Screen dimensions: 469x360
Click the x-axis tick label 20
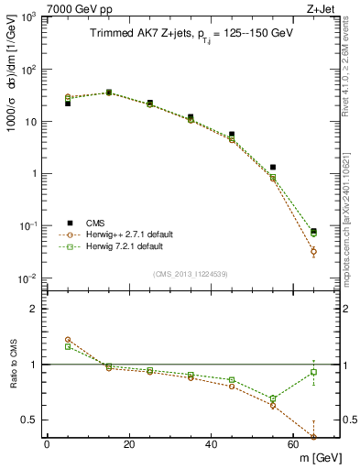[129, 444]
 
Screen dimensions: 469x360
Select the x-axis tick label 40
[212, 444]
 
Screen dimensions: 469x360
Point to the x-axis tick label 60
[293, 444]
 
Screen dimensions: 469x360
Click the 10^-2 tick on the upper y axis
[27, 278]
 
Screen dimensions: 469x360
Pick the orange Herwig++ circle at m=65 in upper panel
[314, 251]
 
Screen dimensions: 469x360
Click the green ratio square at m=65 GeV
[314, 372]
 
